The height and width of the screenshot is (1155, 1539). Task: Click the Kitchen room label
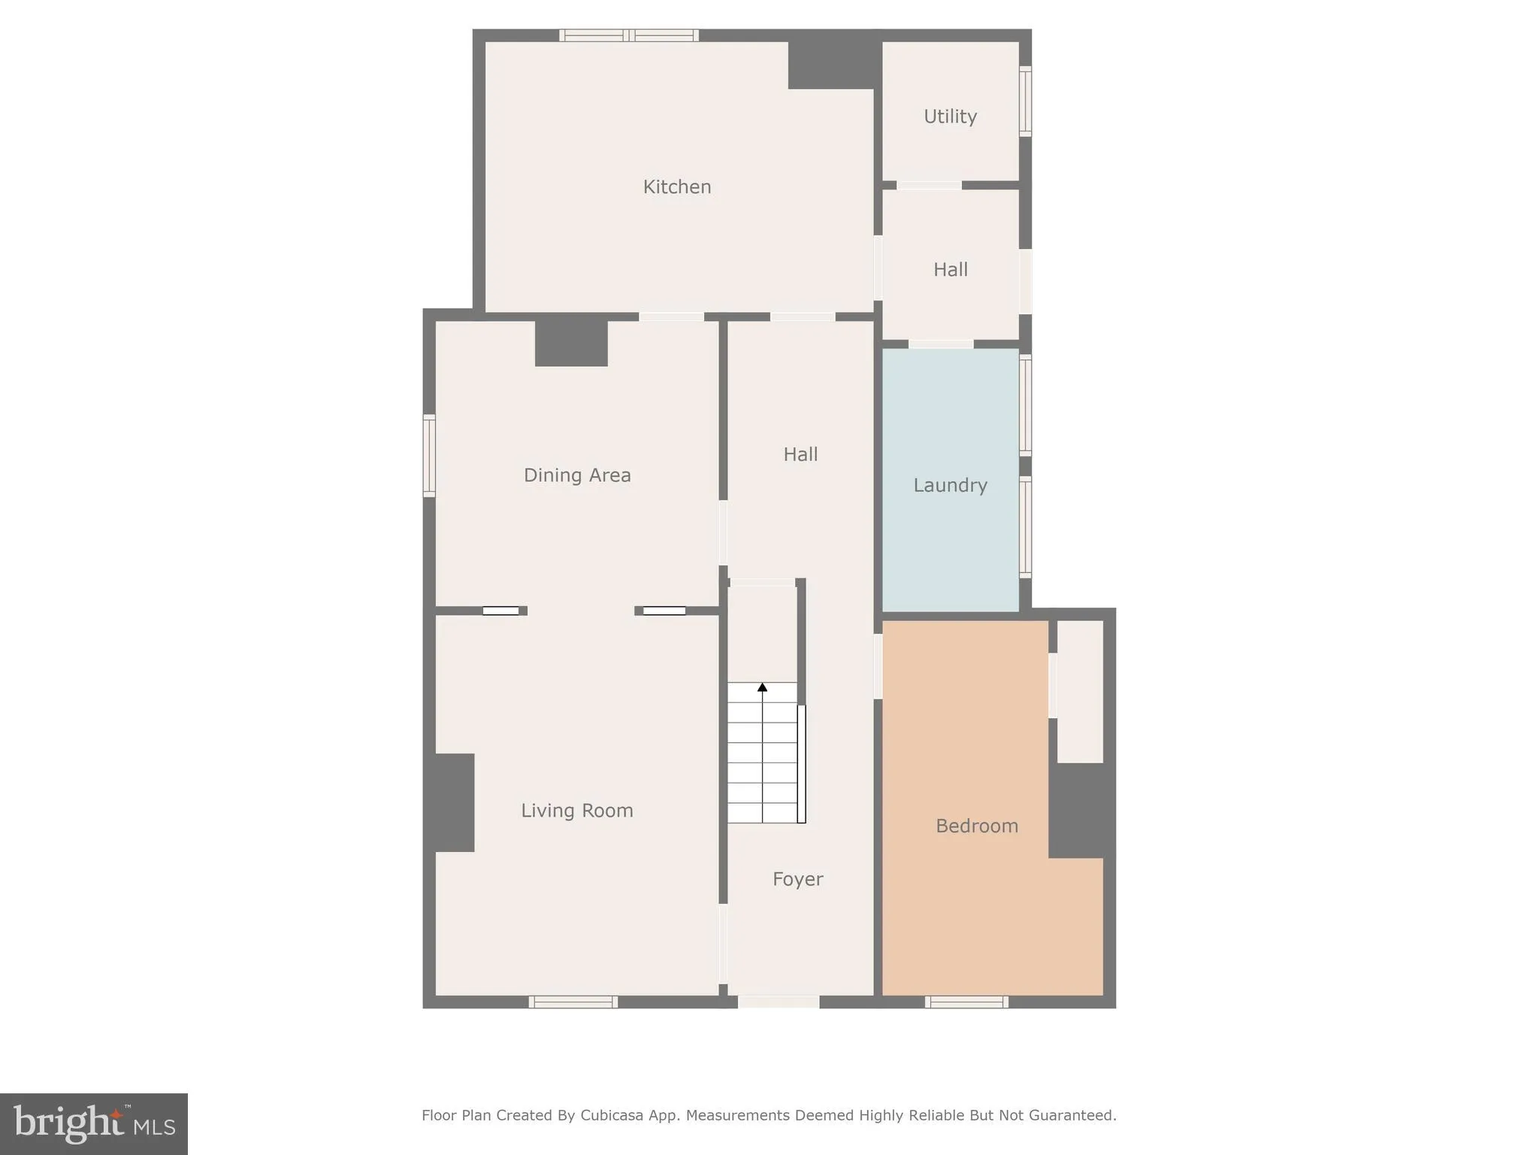(x=676, y=186)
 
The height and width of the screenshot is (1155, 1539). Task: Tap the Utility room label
(x=950, y=117)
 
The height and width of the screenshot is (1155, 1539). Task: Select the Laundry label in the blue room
(x=950, y=485)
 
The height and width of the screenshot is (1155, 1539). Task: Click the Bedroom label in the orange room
(x=976, y=826)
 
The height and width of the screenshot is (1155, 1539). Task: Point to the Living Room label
(x=576, y=811)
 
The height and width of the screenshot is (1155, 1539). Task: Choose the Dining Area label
(x=576, y=475)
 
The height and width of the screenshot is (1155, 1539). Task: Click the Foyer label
(x=797, y=879)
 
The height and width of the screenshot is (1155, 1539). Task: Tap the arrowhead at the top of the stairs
(x=762, y=687)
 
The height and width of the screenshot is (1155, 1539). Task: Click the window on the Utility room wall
(x=1025, y=102)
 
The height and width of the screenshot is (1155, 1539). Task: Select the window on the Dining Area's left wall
(x=429, y=456)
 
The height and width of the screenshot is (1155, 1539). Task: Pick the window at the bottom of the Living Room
(x=573, y=1002)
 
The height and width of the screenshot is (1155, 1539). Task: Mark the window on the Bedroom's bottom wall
(x=966, y=1002)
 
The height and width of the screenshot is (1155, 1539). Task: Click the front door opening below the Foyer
(x=779, y=1002)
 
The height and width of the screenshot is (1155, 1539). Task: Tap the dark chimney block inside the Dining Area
(x=571, y=344)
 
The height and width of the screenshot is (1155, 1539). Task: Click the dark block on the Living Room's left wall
(x=453, y=802)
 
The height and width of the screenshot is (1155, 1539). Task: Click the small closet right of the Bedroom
(x=1080, y=691)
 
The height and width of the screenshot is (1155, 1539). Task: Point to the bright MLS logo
(x=94, y=1124)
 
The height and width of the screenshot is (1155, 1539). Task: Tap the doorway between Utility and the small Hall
(x=929, y=185)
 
